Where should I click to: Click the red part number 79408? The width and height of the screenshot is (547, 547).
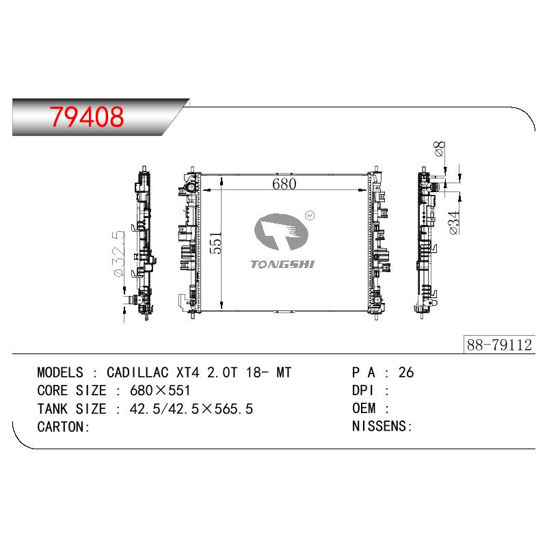click(x=87, y=116)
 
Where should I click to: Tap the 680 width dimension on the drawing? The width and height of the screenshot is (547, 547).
click(x=284, y=184)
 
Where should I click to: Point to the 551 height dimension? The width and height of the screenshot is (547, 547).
click(x=215, y=243)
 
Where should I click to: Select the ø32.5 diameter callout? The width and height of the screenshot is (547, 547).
click(x=119, y=254)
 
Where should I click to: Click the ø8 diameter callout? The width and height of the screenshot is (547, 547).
click(x=440, y=149)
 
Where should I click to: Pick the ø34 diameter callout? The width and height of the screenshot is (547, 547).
click(x=454, y=223)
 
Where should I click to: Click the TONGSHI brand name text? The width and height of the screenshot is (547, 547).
click(x=282, y=265)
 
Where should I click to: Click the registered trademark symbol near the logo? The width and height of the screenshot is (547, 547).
click(x=310, y=215)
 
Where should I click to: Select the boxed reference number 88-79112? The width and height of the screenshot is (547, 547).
click(x=499, y=345)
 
